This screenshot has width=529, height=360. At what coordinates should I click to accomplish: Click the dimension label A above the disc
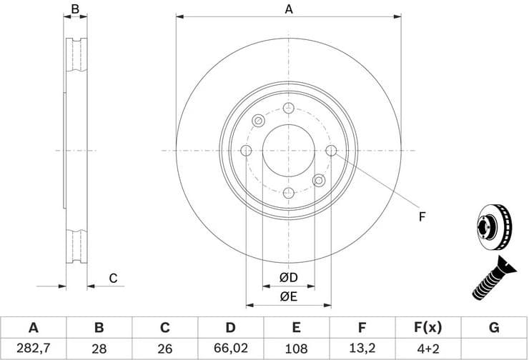pos(289,9)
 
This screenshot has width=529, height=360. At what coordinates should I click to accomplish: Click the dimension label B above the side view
pos(75,9)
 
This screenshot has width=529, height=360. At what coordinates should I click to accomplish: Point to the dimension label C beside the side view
pos(112,279)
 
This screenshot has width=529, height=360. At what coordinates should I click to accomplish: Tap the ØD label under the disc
pos(289,277)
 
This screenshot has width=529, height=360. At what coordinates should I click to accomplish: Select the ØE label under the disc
pos(289,296)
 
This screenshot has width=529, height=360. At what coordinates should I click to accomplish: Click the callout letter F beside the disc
pos(422,216)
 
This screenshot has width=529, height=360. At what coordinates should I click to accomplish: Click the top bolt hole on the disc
pos(289,108)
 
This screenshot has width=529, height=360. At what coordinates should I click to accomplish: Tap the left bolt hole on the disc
pos(246,151)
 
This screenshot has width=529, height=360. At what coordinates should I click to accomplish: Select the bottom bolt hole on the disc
pos(289,194)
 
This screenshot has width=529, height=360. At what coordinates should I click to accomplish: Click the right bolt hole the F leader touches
pos(332,151)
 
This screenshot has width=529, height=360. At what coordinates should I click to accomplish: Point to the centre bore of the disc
pos(289,151)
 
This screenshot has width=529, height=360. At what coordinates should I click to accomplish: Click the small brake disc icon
pos(493,229)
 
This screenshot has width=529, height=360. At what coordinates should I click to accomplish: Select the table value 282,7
pos(33,349)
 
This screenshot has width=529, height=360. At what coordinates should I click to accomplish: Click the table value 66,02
pos(230,349)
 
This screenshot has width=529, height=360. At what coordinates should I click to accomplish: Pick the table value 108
pos(296,349)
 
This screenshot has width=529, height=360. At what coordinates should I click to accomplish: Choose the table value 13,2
pos(362,349)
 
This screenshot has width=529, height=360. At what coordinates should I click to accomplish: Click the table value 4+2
pos(427,349)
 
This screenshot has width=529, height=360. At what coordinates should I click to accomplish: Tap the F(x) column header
pos(427,328)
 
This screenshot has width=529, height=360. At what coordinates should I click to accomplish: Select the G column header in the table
pos(493,328)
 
